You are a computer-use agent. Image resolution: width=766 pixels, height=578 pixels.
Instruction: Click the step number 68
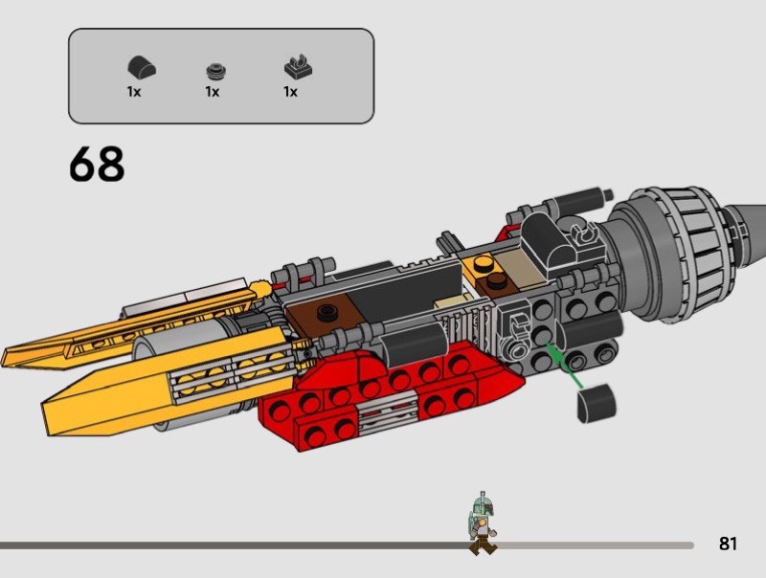[x=97, y=164]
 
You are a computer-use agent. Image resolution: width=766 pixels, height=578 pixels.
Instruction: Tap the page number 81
[x=728, y=544]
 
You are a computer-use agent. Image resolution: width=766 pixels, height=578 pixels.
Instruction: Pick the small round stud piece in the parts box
[x=216, y=71]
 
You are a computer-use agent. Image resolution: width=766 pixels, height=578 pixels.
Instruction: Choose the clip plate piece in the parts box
[x=298, y=67]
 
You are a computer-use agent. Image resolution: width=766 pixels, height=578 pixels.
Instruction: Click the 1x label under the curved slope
[x=134, y=92]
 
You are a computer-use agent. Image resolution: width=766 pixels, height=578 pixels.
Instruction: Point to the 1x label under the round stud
[x=212, y=92]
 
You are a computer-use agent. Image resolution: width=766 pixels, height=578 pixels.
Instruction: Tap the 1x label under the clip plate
[x=290, y=92]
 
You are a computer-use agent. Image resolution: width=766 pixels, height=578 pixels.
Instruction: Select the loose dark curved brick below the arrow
[x=597, y=403]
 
